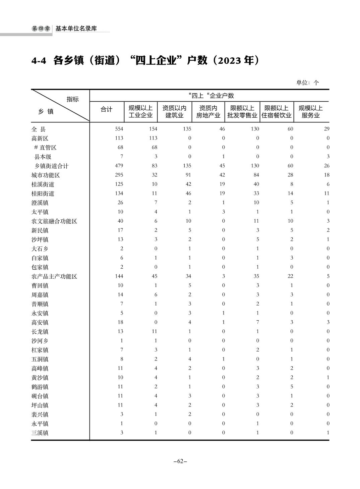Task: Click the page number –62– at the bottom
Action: coord(180,461)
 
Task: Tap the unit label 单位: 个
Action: coord(307,83)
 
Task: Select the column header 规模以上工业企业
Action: coord(141,112)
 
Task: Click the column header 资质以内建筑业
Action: coord(174,112)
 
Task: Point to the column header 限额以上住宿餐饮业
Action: coord(277,112)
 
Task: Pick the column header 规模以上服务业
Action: coord(311,112)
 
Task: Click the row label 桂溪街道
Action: coord(43,184)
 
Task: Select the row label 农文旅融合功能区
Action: coord(54,221)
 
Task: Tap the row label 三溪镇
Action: coord(40,433)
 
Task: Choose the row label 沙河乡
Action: coord(40,341)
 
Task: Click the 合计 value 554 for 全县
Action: coord(119,129)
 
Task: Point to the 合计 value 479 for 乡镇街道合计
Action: coord(119,166)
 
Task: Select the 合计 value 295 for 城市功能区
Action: coord(119,175)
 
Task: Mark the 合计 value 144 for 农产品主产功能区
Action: coord(119,276)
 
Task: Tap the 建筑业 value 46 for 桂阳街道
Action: coord(188,193)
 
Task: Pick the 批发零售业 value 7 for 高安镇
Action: coord(258,322)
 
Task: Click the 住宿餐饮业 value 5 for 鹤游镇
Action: coord(292,387)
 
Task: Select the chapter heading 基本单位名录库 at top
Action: coord(76,29)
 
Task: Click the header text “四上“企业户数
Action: coord(211,96)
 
